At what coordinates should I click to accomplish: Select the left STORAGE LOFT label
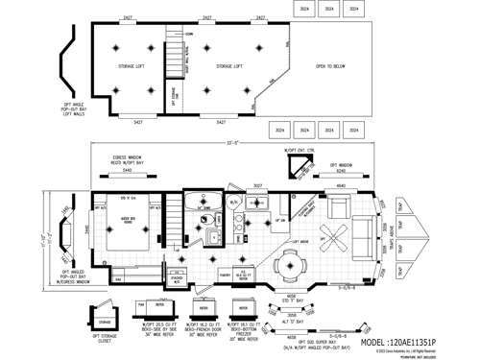coord(130,66)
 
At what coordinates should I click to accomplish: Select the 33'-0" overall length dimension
coord(231,143)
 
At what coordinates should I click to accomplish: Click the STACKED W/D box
coord(233,203)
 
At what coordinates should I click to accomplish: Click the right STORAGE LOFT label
coord(228,66)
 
